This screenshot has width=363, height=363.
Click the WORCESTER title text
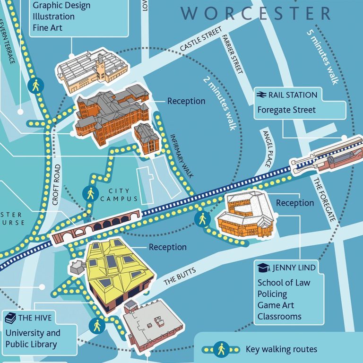[x=256, y=13]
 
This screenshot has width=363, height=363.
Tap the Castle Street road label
[x=201, y=40]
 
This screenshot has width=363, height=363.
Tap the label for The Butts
[x=179, y=275]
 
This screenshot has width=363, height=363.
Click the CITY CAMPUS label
[x=119, y=195]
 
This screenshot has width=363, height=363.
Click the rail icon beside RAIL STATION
[x=261, y=95]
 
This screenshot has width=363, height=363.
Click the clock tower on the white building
[x=100, y=66]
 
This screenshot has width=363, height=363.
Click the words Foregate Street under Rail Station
[x=280, y=110]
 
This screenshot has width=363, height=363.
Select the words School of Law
[x=284, y=283]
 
